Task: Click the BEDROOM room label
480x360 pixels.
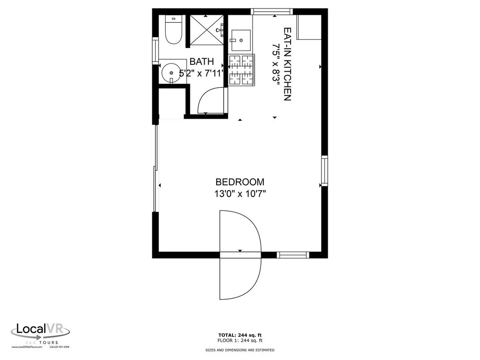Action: [240, 182]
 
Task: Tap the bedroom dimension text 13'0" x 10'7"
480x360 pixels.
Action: [240, 194]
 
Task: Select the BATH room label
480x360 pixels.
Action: [201, 62]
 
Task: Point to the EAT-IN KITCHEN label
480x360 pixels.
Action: [287, 64]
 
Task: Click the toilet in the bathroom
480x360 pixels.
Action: [172, 30]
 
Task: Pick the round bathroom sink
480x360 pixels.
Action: [171, 71]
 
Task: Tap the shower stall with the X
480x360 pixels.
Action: [206, 30]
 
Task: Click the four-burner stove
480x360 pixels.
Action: [242, 69]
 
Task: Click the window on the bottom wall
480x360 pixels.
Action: [293, 255]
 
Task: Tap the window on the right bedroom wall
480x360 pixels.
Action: [324, 171]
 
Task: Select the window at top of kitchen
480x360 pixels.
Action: [272, 12]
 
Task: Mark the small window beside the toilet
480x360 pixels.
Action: [155, 50]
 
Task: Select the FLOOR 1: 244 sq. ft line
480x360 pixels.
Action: [240, 340]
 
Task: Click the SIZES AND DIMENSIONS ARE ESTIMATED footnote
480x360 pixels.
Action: [240, 350]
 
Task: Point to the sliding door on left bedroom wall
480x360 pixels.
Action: [155, 168]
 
